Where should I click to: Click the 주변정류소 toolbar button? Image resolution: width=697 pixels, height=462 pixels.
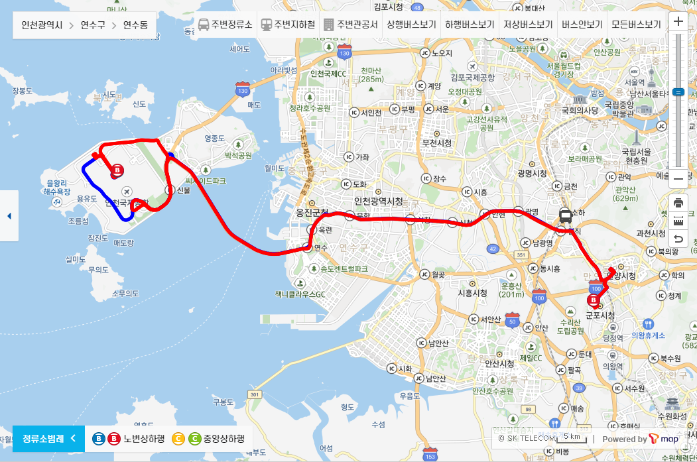point(225,25)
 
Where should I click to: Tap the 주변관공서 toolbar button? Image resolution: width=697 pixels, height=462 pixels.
point(350,25)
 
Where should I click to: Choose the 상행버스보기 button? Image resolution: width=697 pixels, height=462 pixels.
point(411,25)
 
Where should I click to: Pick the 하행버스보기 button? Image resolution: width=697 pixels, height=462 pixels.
point(470,25)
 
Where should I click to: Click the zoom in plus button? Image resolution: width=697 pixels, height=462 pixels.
point(678,21)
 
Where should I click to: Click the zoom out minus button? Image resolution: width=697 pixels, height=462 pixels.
point(678,178)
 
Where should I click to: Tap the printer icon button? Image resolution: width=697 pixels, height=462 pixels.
point(678,202)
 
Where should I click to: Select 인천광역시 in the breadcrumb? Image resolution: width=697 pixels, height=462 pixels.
point(42,25)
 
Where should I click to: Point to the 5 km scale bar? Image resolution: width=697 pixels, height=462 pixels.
point(572,438)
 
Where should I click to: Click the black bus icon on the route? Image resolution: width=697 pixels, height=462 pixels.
point(566,215)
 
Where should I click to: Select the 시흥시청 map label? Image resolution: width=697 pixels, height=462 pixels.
point(473,292)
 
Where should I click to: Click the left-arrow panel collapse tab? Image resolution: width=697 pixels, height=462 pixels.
point(9,216)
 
